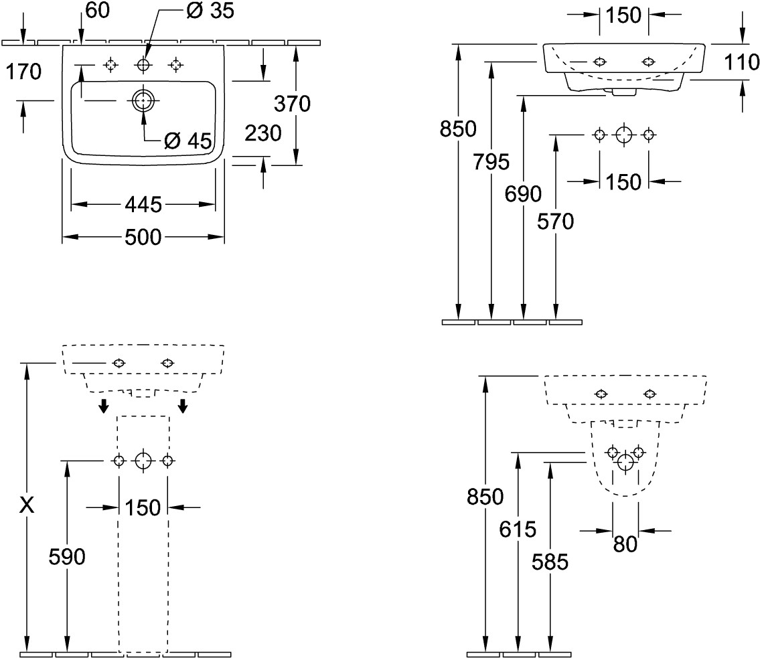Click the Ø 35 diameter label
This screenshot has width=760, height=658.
tap(209, 11)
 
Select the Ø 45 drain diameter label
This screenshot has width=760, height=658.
tap(188, 141)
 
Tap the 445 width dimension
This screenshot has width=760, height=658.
tap(143, 204)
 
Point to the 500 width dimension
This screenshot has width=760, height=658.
tap(143, 236)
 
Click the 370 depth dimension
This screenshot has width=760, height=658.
tap(293, 104)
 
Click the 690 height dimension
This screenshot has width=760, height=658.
tap(523, 194)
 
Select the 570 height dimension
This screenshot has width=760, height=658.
tap(556, 221)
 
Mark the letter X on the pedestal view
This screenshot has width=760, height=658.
tap(27, 505)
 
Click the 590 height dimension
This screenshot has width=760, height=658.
tap(67, 556)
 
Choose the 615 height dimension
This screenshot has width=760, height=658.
tap(518, 529)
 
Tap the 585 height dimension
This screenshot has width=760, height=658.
tap(550, 562)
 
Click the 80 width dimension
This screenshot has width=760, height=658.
tap(625, 544)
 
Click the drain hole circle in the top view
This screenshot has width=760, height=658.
tap(143, 101)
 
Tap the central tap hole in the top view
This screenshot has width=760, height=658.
tap(143, 65)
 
